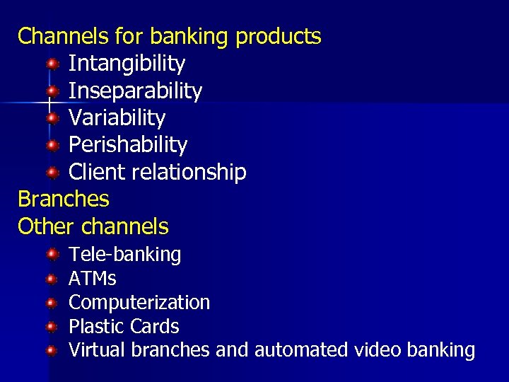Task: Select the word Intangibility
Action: click(127, 64)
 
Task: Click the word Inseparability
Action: click(135, 91)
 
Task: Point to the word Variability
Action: click(117, 117)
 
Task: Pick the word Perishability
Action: click(128, 145)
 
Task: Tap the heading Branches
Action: click(64, 199)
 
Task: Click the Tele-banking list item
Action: click(124, 254)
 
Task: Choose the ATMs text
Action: click(92, 278)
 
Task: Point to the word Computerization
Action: click(139, 302)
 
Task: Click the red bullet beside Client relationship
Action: click(52, 173)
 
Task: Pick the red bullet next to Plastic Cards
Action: click(52, 327)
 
